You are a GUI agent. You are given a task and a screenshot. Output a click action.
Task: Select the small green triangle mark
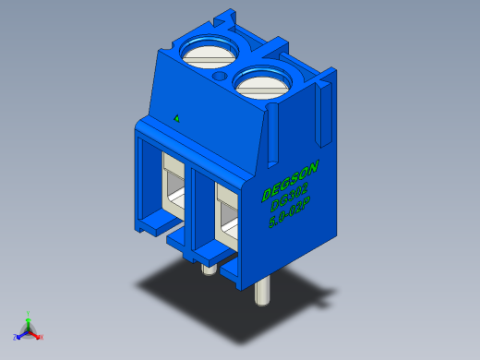point(176,118)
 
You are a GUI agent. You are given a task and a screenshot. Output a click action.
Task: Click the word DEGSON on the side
point(290,181)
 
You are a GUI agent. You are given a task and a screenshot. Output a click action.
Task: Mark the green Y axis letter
point(30,314)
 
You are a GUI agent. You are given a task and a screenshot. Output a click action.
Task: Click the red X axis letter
point(42,337)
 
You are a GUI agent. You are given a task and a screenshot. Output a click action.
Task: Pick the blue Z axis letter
point(18,337)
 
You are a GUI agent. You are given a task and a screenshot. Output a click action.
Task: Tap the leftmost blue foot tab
point(152,222)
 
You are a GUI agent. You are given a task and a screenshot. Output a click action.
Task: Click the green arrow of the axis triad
point(30,322)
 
